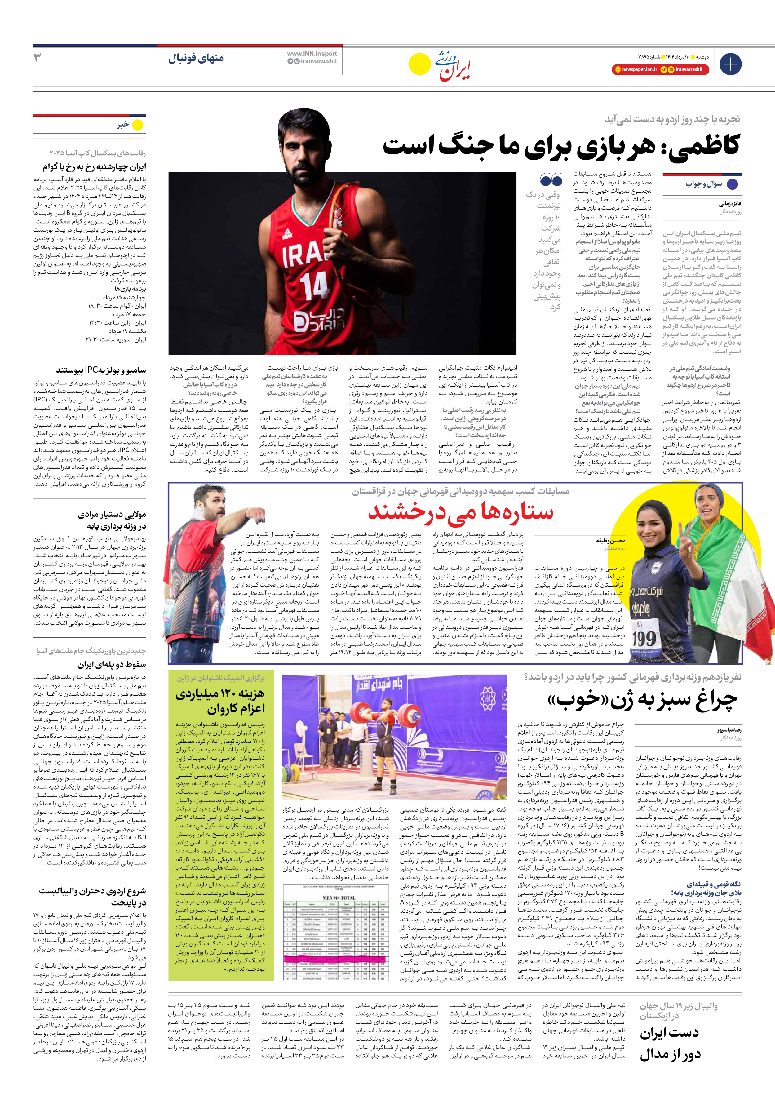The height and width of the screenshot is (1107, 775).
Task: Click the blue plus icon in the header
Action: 730,64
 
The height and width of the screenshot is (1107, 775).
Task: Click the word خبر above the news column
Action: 123,125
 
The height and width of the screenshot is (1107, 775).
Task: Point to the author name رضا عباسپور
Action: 728,730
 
